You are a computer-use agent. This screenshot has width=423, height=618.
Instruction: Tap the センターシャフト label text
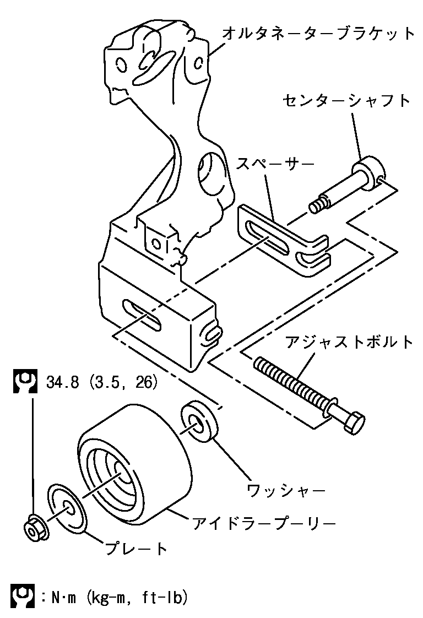pos(347,101)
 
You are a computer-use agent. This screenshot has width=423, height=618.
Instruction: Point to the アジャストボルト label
pos(349,342)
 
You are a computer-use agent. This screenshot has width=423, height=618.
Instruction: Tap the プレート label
pos(135,549)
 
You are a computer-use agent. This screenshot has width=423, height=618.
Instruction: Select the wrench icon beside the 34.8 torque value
pos(24,381)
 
